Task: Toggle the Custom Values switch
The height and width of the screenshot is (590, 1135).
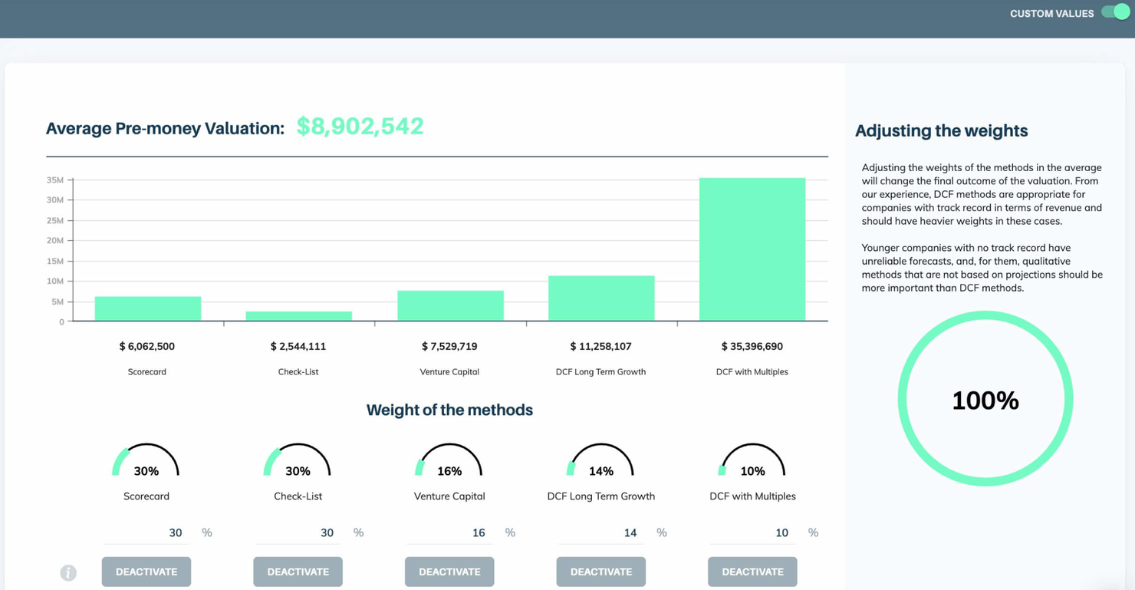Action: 1115,12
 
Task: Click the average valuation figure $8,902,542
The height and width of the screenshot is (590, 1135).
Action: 360,127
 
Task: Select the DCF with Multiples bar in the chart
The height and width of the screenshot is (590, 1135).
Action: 752,249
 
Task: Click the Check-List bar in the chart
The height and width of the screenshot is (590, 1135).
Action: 298,316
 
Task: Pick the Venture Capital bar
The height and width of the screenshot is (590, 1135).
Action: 450,305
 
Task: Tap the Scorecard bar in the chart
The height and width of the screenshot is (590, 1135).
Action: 147,308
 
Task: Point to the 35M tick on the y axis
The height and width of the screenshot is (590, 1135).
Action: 55,180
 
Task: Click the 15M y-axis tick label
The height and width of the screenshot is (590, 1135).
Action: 55,261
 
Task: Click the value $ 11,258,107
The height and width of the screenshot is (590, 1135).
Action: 600,347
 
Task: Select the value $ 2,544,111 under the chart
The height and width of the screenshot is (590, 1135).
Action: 298,347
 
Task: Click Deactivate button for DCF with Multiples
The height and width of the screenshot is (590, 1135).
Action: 752,572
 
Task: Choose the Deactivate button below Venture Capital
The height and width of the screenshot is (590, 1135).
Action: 449,572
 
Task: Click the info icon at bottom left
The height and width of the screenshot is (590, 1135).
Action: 68,572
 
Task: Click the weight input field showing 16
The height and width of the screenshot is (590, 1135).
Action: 449,532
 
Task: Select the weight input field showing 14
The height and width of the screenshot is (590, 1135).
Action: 600,532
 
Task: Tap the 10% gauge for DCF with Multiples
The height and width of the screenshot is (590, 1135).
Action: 752,462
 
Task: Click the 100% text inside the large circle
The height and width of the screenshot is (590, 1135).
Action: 985,400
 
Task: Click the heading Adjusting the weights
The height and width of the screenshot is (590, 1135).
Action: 941,131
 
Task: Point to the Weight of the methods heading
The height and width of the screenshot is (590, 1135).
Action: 449,410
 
